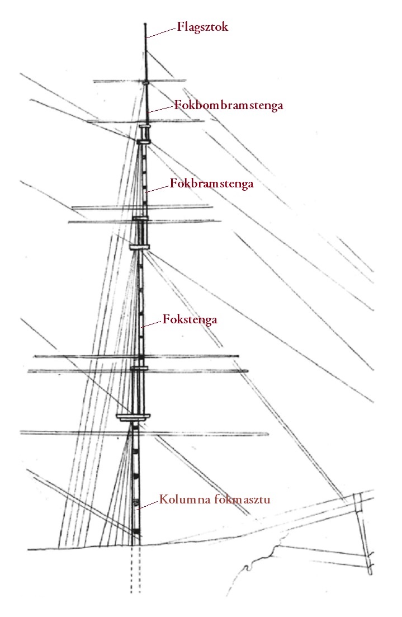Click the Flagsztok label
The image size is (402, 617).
202,27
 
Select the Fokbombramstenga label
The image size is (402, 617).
229,106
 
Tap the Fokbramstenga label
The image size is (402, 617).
211,184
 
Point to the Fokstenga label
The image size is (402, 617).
190,319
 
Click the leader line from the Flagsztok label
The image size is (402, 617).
161,32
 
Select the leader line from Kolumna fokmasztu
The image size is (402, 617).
148,505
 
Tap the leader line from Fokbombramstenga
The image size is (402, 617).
161,109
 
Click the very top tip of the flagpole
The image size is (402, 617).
145,23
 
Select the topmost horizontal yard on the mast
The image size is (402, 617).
140,82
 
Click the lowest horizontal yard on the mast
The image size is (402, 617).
144,433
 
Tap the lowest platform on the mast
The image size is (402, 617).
133,417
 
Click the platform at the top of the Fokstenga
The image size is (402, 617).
140,247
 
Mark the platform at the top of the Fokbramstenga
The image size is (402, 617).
144,141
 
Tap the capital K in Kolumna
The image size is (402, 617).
163,500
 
